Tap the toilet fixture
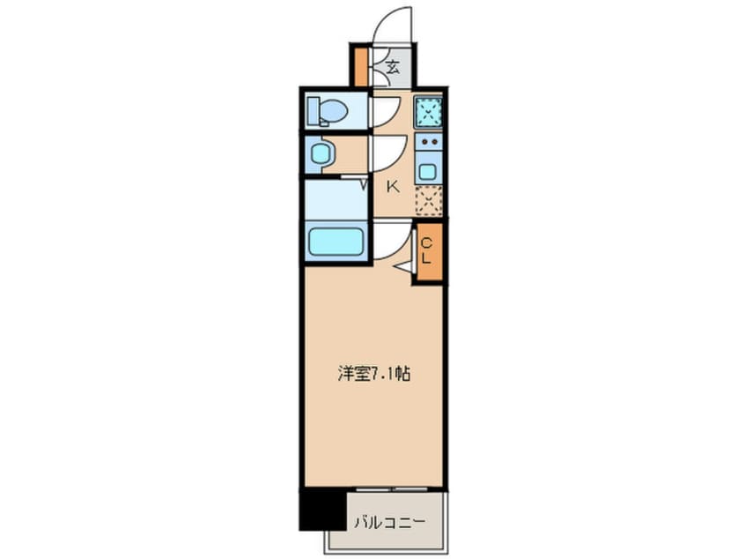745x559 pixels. [x=327, y=112]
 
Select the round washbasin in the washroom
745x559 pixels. [x=320, y=155]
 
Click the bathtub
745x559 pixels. [x=336, y=242]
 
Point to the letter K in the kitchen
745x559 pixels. [x=393, y=186]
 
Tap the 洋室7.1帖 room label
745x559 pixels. [x=373, y=373]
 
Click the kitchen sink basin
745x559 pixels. [x=427, y=170]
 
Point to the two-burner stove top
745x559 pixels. [x=427, y=141]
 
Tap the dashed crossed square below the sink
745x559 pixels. [x=427, y=201]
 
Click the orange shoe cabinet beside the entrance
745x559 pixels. [x=360, y=63]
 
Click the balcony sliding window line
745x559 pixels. [x=395, y=488]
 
